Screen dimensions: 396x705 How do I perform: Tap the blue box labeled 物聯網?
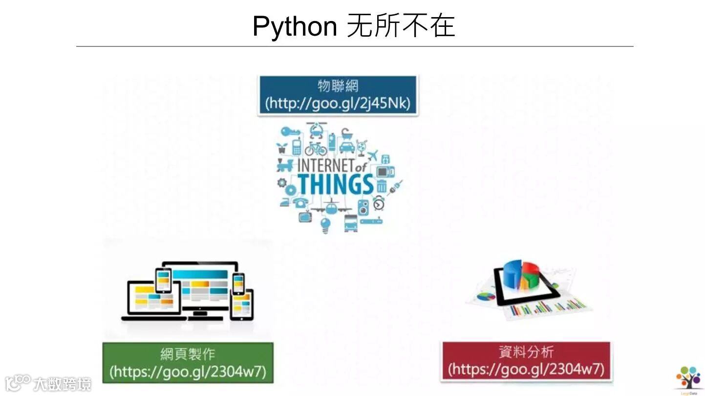pos(338,95)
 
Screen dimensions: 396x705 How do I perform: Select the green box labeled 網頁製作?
pos(188,362)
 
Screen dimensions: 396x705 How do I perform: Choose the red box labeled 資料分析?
pos(526,361)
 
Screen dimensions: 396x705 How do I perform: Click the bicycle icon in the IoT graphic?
pos(316,148)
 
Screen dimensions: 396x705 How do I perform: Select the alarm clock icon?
pos(379,203)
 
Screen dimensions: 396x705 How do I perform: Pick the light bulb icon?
pos(325,224)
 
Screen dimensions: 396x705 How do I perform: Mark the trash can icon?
pos(382,186)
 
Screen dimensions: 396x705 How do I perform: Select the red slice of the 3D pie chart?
pos(531,268)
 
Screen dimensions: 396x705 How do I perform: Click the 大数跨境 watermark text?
pos(62,383)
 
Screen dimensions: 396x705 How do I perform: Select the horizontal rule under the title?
pos(354,46)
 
